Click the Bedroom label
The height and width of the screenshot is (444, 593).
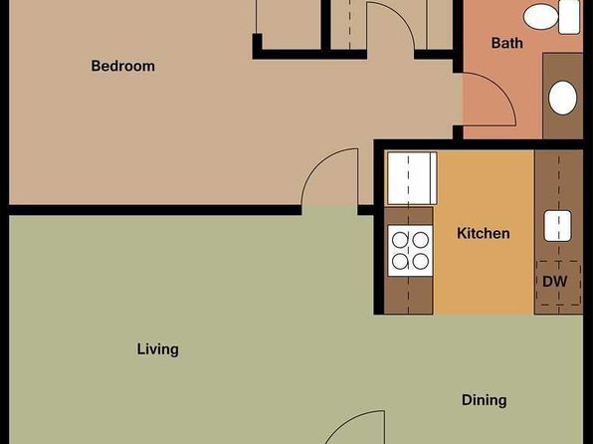tap(123, 66)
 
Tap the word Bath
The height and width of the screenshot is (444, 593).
tap(506, 43)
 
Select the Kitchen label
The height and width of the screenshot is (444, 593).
tap(483, 233)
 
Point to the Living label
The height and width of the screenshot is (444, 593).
tap(158, 349)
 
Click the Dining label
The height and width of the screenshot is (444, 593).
tap(485, 400)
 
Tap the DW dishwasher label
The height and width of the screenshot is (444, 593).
tap(555, 282)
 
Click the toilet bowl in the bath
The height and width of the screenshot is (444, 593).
tap(541, 17)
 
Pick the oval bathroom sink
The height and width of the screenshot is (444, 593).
tap(562, 98)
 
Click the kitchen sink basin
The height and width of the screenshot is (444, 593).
tap(557, 226)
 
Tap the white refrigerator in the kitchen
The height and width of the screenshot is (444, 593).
tap(412, 178)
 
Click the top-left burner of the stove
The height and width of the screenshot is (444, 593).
tap(400, 240)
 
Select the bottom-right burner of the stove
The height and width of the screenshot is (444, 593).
tap(421, 262)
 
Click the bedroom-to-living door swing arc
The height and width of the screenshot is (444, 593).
tap(315, 165)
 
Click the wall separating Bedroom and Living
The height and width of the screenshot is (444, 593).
tap(155, 210)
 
